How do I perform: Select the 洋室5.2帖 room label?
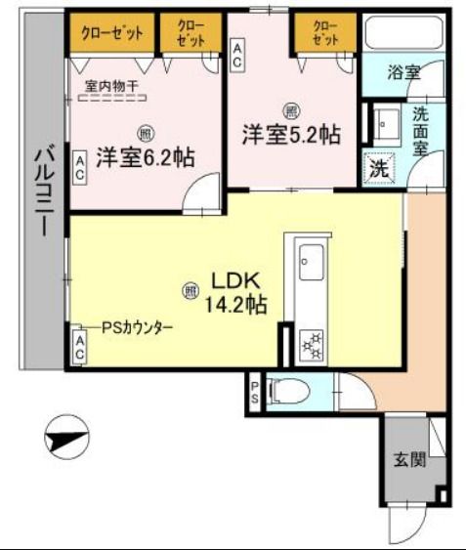coord(291,134)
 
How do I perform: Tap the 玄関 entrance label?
coord(410,459)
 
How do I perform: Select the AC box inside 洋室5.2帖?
coord(237,54)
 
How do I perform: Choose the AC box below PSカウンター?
coord(78,347)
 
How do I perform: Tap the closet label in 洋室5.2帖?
coord(326,33)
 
